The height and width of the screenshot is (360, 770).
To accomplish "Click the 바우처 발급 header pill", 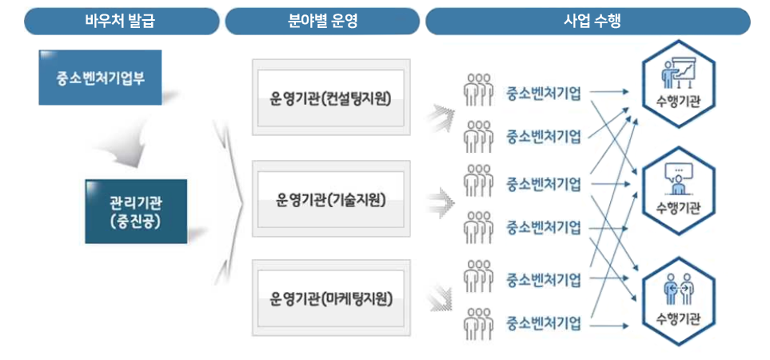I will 121,22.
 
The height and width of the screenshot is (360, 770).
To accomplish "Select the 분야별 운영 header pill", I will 322,22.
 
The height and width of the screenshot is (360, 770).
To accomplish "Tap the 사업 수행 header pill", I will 588,22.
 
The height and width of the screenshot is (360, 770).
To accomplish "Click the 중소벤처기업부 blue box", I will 100,78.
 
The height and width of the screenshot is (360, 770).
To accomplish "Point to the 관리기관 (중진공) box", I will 136,211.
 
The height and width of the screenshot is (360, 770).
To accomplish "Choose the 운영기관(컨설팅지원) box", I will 330,98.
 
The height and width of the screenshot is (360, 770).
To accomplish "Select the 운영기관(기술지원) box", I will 330,198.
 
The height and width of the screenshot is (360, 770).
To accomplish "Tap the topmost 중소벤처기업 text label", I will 544,91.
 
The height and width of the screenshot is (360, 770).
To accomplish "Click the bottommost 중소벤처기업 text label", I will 544,324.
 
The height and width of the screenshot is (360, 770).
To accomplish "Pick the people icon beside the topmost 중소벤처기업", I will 478,90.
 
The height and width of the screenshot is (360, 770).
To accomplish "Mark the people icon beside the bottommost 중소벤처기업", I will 478,325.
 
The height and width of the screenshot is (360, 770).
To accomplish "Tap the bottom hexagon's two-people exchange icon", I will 678,289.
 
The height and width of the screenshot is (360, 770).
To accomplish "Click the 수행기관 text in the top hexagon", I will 678,102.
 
